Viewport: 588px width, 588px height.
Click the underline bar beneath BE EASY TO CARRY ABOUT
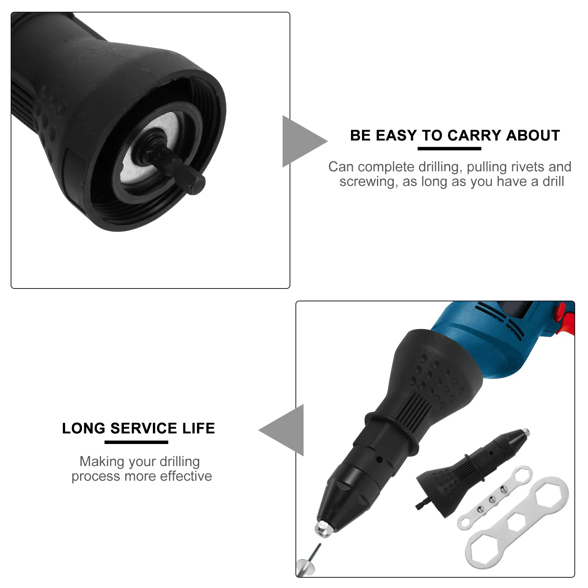(x=449, y=148)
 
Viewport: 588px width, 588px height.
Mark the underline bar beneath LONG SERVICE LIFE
(x=136, y=442)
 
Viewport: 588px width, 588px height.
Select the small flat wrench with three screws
(x=492, y=498)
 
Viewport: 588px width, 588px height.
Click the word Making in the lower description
(x=98, y=462)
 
